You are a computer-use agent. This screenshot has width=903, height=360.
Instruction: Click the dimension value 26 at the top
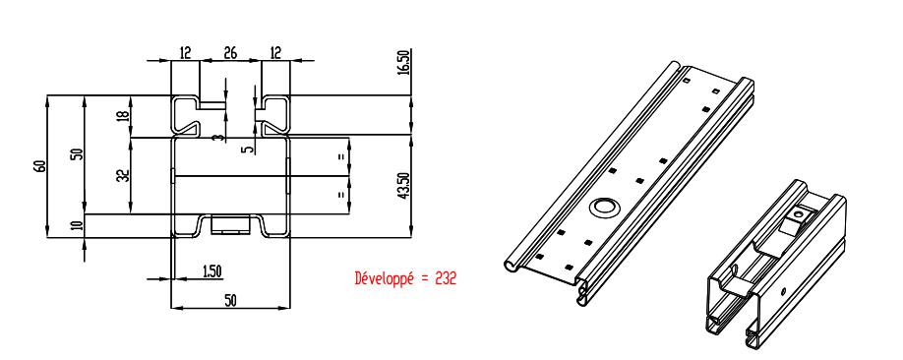click(230, 53)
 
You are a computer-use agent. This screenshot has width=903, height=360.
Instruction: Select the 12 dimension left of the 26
click(185, 53)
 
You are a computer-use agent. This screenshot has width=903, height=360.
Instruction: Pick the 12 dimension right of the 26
click(275, 53)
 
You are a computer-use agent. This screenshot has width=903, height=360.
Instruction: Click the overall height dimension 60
click(39, 166)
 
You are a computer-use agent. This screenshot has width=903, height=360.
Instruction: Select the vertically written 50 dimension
click(78, 153)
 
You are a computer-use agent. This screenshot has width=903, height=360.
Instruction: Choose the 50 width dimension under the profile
click(230, 300)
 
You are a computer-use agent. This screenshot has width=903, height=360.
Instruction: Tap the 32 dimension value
click(124, 175)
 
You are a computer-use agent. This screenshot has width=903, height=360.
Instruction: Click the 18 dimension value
click(123, 116)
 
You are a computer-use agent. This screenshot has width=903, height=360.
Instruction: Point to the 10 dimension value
click(79, 223)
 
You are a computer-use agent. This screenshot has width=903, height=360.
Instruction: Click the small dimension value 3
click(216, 138)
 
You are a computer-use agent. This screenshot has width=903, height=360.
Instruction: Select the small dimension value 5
click(248, 150)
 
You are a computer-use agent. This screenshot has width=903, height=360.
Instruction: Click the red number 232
click(446, 278)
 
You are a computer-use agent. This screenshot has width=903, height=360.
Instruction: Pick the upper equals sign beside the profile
click(341, 156)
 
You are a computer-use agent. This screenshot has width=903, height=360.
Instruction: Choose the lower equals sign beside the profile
click(341, 195)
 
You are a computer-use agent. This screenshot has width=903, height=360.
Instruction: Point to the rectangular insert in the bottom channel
click(230, 224)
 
